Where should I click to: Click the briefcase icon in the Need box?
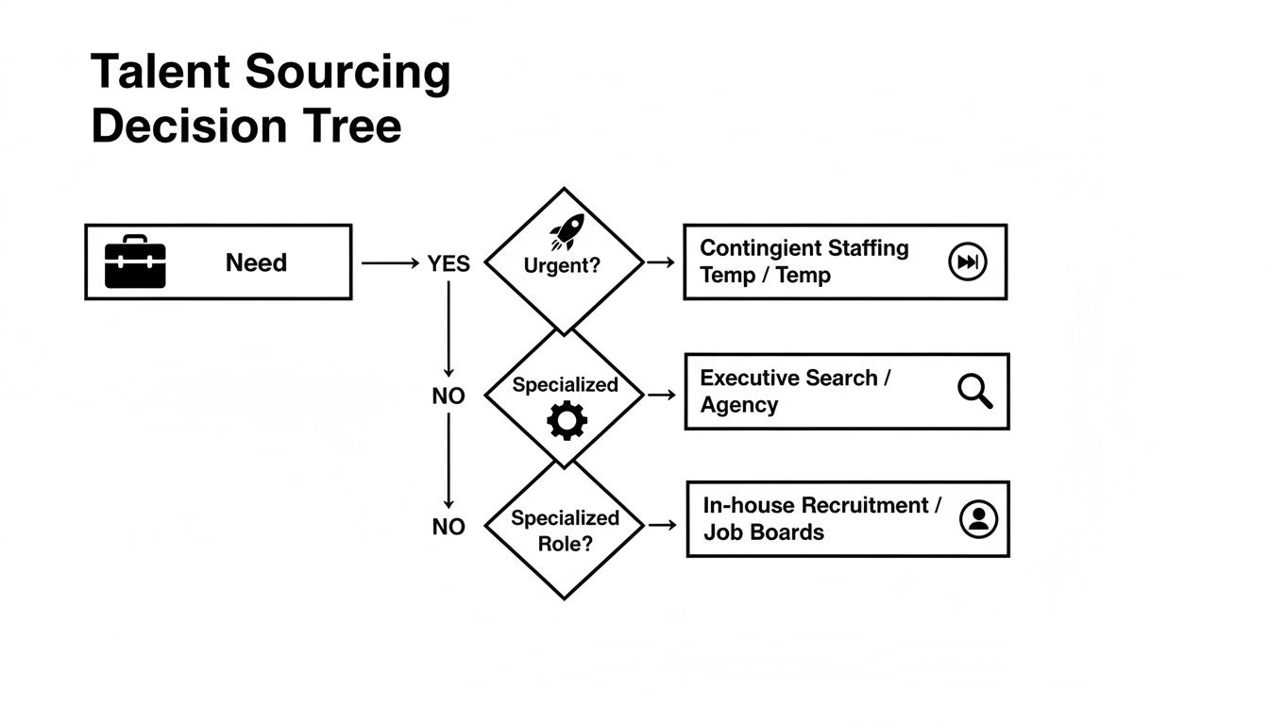(x=135, y=262)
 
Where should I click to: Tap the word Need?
(x=256, y=262)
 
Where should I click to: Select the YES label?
(x=448, y=264)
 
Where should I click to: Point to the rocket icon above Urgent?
(x=568, y=230)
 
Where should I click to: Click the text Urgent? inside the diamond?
(x=562, y=265)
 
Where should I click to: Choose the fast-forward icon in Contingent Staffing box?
(x=967, y=262)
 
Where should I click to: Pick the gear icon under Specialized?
(x=567, y=420)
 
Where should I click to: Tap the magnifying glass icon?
(x=974, y=390)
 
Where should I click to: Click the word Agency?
(x=739, y=405)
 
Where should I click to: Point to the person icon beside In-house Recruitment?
(x=978, y=518)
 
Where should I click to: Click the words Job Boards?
(x=764, y=532)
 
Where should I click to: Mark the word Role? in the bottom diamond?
(x=565, y=544)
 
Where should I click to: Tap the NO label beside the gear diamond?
(x=448, y=396)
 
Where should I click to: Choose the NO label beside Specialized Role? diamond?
(x=448, y=527)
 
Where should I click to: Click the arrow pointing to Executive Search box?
(x=662, y=395)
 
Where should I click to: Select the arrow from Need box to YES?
(x=389, y=264)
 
